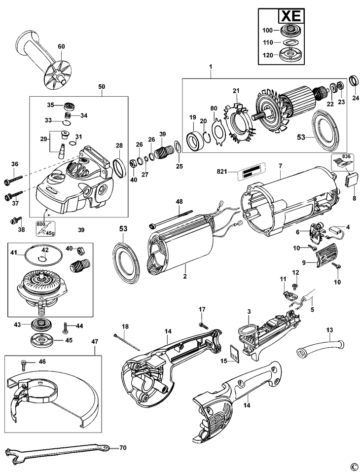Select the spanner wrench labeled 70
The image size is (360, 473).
tap(54, 451)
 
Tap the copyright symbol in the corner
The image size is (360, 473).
tap(353, 466)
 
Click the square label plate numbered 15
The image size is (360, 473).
tap(234, 354)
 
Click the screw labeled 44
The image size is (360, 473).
tap(66, 327)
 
